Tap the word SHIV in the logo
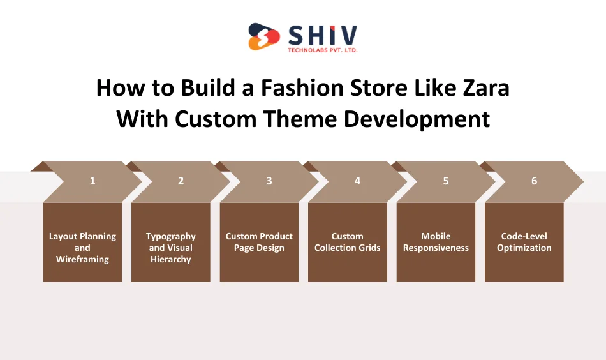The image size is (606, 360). coord(323,34)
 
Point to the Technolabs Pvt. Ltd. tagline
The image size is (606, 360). coord(323,50)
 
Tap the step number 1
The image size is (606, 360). coord(92,181)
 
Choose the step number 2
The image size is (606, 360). coord(181,181)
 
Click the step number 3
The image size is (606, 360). coord(269,181)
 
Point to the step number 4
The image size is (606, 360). coord(357,181)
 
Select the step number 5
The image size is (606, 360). coord(446,181)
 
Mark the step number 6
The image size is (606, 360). coord(534,181)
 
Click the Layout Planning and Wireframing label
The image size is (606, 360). coord(82,248)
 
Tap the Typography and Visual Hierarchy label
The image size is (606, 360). coord(171,248)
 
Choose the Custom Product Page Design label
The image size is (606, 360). coord(259,242)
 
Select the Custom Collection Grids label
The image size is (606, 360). coord(347,242)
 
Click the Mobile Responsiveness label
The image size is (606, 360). coord(436,242)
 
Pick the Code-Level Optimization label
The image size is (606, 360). coord(524,242)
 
